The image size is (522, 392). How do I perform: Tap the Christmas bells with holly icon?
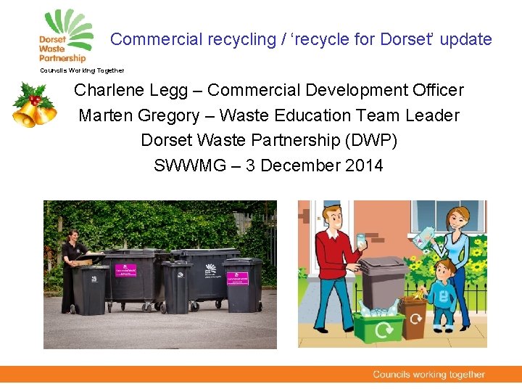33,105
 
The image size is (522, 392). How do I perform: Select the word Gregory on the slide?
166,115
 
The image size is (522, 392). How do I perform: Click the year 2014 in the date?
365,166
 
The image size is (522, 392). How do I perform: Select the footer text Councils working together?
428,375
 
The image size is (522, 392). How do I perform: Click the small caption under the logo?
82,70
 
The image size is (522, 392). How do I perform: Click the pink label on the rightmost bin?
237,278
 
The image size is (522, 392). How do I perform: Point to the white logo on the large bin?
210,269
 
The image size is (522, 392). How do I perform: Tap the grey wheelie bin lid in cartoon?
384,264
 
